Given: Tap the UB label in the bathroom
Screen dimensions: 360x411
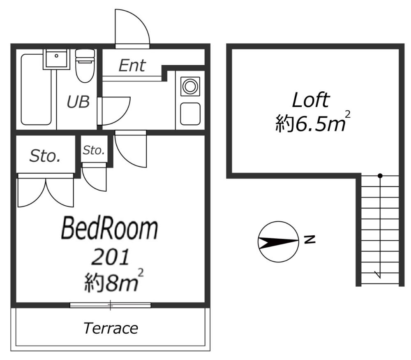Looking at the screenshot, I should click(78, 102).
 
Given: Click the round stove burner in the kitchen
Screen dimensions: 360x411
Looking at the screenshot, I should click(190, 86).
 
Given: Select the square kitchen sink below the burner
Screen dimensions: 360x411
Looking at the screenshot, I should click(190, 113).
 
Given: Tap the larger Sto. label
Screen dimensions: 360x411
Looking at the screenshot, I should click(45, 156).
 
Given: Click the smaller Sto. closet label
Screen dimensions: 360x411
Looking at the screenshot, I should click(94, 150).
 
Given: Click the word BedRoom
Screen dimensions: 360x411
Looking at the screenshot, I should click(109, 229).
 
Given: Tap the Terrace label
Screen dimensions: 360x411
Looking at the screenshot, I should click(111, 328).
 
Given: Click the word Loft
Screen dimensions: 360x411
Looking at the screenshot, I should click(311, 100).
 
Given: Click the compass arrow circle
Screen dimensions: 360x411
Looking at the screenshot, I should click(278, 242).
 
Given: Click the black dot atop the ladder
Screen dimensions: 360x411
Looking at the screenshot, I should click(380, 176).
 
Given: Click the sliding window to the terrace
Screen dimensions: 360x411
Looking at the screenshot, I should click(110, 305).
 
